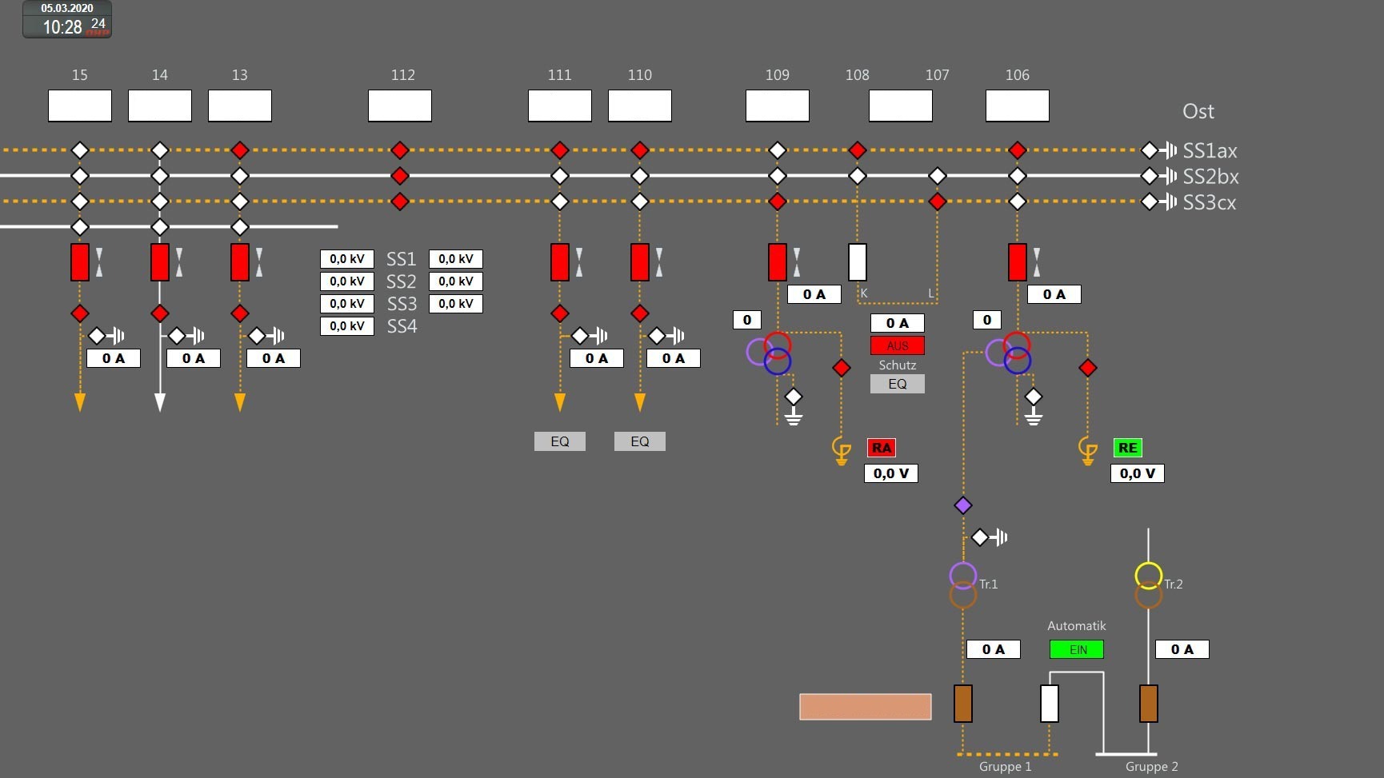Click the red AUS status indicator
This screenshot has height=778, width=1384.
tap(897, 345)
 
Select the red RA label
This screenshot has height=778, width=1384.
tap(881, 448)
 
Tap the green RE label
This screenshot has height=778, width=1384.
tap(1127, 448)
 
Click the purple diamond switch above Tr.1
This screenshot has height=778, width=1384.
tap(963, 505)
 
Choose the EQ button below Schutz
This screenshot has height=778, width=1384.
tap(897, 384)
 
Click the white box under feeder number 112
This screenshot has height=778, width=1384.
tap(400, 106)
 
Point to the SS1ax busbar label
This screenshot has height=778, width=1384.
tap(1210, 150)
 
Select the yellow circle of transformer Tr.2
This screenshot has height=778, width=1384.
tap(1148, 575)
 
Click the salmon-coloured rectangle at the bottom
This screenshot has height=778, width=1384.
tap(865, 707)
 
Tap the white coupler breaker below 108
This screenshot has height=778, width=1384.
tap(857, 261)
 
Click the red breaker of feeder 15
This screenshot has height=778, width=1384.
tap(80, 261)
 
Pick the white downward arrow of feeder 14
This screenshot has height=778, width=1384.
tap(160, 401)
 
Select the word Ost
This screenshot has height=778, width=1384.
tap(1198, 111)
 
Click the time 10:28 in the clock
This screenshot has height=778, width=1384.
tap(62, 27)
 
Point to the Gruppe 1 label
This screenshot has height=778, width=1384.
tap(1005, 767)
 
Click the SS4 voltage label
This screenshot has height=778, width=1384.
tap(402, 326)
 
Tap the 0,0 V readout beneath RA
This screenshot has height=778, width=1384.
tap(890, 473)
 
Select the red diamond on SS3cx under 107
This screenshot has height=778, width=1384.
tap(937, 201)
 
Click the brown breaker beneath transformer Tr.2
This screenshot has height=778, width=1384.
tap(1148, 704)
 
